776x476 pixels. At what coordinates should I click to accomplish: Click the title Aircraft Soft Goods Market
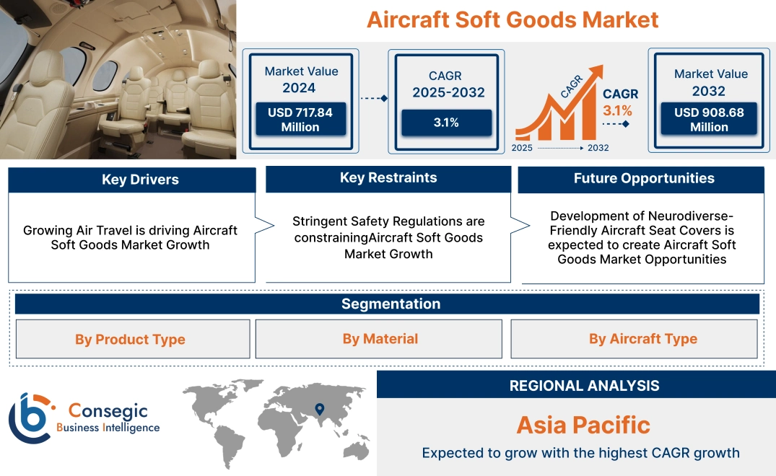[513, 19]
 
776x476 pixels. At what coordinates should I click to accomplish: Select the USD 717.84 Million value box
[300, 119]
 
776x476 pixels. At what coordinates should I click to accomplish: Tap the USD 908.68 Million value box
[709, 119]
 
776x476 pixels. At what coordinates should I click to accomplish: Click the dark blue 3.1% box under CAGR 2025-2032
[446, 123]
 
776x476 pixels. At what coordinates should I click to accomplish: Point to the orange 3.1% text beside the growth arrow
[617, 110]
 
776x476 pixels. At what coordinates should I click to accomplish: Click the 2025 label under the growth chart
[523, 148]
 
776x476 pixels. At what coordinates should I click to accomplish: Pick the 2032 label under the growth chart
[598, 148]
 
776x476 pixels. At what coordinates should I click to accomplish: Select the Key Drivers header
[132, 180]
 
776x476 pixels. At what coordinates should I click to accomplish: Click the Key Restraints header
[388, 178]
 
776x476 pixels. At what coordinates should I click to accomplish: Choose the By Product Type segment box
[131, 339]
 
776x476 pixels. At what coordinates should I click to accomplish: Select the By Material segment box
[380, 339]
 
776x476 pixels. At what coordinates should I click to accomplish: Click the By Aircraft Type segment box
[642, 339]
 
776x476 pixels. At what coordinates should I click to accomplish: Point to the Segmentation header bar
[391, 304]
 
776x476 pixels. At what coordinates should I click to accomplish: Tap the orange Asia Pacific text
[583, 425]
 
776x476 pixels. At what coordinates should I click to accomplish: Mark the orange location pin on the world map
[318, 410]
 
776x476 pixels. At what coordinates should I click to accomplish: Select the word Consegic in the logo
[108, 411]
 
